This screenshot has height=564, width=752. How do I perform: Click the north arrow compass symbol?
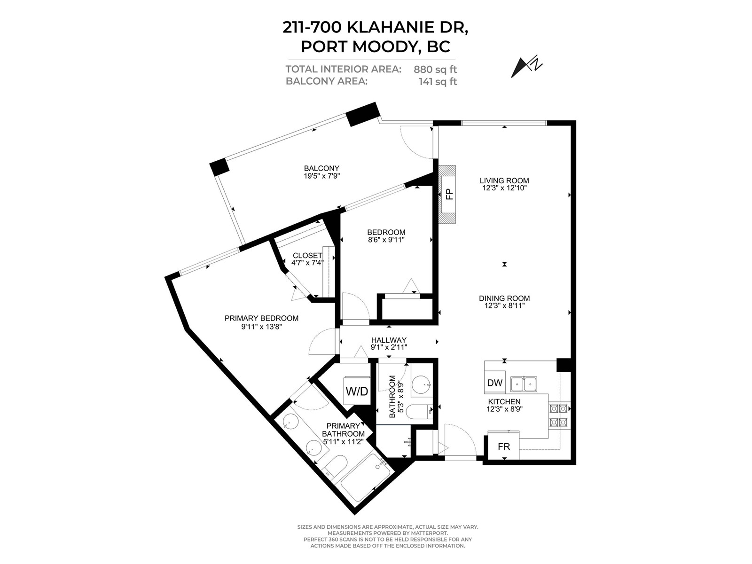526,68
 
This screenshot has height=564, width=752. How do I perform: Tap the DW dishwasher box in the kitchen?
495,382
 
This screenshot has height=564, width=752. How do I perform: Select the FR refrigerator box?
504,446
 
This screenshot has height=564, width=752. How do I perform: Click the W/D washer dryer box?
357,391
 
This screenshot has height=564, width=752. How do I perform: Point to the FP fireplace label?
449,194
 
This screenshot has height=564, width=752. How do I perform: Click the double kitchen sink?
524,384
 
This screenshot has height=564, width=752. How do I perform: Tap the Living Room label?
504,180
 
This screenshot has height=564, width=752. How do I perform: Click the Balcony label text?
321,168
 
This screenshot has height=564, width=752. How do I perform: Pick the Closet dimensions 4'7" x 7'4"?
307,263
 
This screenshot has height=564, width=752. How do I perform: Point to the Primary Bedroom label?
261,318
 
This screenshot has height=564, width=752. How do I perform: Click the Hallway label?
389,340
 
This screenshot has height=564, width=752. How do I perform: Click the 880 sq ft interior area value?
435,70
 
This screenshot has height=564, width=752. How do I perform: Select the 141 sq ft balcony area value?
438,82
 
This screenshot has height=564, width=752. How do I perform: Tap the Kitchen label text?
504,402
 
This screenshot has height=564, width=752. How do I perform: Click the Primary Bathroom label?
343,430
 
